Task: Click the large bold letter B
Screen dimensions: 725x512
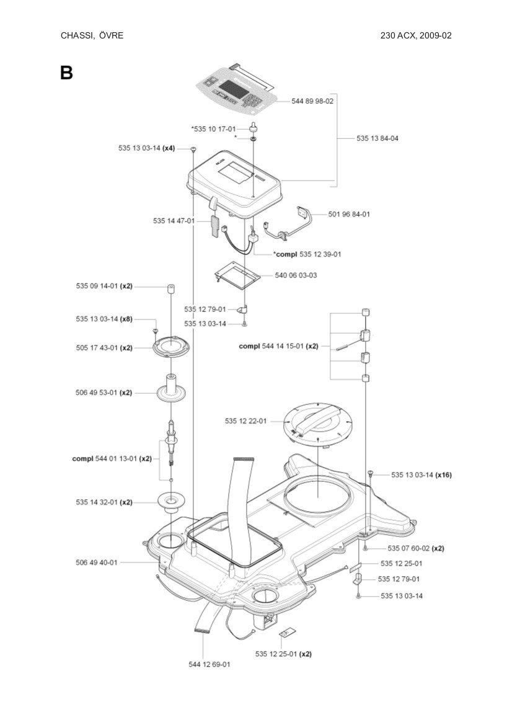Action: point(66,73)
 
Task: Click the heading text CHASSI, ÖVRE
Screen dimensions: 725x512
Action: point(92,35)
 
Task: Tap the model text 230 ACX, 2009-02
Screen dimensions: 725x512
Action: point(415,35)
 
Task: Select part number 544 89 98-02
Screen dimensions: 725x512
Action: point(312,101)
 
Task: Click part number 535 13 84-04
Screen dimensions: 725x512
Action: point(377,138)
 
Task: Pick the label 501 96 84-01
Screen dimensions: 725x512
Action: point(349,214)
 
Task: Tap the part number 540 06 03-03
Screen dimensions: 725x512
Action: point(296,275)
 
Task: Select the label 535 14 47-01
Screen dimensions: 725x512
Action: point(174,221)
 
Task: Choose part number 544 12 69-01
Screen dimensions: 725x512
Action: point(210,664)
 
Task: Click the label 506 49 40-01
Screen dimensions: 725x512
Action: point(97,563)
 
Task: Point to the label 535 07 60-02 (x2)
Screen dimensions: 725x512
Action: point(415,548)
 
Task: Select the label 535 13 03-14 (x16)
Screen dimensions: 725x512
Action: point(421,475)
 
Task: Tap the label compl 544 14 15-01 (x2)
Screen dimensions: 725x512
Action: point(278,346)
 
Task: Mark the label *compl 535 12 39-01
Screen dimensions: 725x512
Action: point(307,254)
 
